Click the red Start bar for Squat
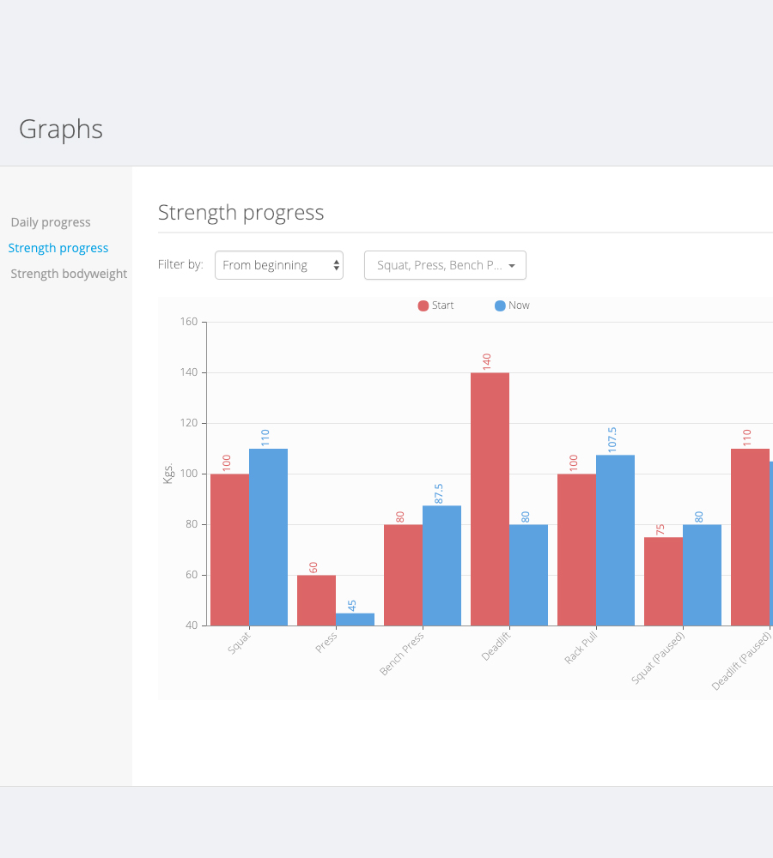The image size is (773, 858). coord(229,549)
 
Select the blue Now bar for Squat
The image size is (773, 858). coord(268,537)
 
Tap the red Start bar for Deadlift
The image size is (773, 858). coord(490,498)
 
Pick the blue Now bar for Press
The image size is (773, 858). coord(355,619)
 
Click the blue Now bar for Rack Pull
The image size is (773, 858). coord(615,540)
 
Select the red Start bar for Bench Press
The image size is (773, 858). coord(403,575)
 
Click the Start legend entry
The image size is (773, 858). coord(436,305)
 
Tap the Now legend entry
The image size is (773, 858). coord(513,305)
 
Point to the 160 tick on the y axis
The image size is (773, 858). coord(188,322)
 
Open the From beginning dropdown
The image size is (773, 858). coord(279,265)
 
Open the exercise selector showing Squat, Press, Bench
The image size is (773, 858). coord(445,265)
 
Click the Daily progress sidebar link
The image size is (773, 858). coord(51,222)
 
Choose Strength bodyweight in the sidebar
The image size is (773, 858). coord(69,274)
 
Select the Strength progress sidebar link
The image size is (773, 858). coord(58,248)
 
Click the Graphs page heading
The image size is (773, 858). coord(61,130)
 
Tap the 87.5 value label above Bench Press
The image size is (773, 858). coord(439,493)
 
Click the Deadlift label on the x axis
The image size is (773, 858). coord(496,647)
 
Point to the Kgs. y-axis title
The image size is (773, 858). coord(168,474)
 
